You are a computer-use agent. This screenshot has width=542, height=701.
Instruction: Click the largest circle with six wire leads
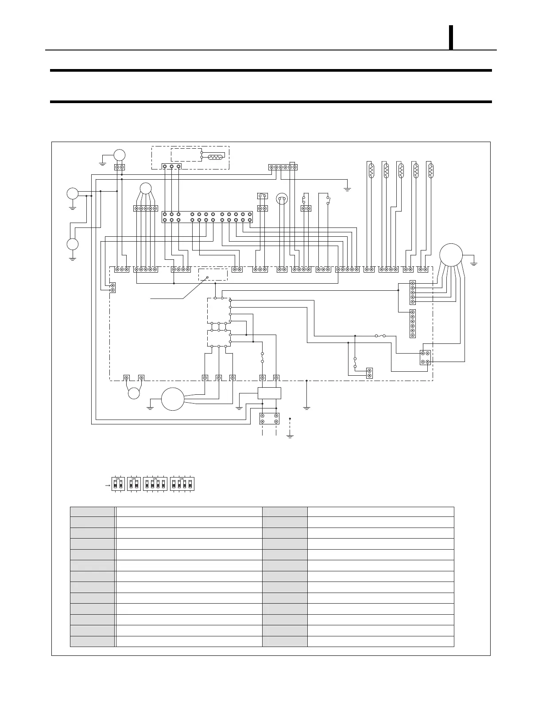tap(451, 255)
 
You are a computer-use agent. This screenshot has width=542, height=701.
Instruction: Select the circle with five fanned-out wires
tap(145, 188)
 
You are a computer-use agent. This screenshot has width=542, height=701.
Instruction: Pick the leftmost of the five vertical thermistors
tap(371, 169)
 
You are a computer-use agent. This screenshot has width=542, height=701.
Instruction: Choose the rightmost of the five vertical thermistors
tap(431, 169)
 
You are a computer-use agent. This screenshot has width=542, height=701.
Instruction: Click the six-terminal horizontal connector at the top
tap(283, 167)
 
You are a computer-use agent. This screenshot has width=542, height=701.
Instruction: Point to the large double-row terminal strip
tap(207, 217)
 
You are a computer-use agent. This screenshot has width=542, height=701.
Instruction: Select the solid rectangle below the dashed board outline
tap(269, 393)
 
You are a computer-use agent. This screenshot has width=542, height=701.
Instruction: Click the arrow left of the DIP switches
tap(106, 485)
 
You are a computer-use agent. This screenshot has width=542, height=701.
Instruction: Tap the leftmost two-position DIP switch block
tap(118, 484)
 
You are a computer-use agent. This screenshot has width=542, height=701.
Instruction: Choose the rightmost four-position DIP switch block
tap(182, 484)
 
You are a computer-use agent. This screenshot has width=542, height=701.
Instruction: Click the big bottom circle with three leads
tap(172, 399)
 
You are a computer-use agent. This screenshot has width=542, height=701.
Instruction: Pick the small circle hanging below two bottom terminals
tap(134, 393)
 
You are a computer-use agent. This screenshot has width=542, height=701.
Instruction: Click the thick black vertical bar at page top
tap(451, 38)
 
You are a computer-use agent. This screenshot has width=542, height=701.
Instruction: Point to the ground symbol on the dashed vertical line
tap(290, 436)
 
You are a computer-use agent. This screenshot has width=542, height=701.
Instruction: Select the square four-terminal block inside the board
tap(425, 358)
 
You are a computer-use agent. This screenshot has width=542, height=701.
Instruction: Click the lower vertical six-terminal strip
tap(413, 324)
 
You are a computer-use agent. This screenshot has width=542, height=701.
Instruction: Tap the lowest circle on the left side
tap(72, 244)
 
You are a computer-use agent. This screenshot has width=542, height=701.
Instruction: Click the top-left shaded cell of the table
tap(92, 512)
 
